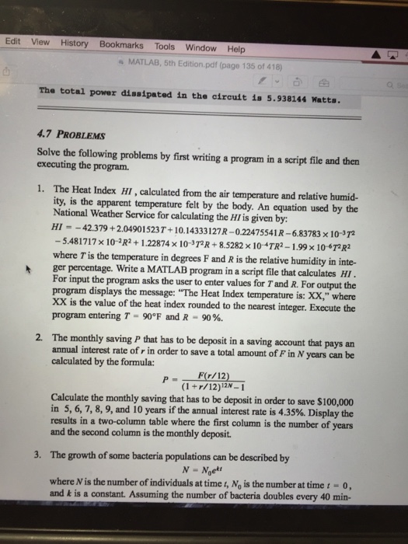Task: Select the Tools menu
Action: pos(164,46)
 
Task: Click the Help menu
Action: pos(235,48)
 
